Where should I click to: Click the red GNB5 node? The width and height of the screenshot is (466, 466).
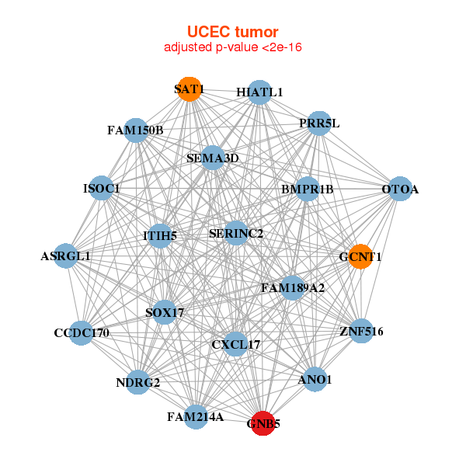(x=263, y=423)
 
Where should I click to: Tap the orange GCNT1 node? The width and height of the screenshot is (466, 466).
(x=360, y=256)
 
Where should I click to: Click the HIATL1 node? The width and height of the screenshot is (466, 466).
(x=259, y=92)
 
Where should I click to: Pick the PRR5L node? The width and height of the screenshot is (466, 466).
(x=319, y=123)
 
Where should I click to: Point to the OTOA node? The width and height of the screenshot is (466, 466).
(x=400, y=190)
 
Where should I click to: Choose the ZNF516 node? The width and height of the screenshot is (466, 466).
(x=361, y=332)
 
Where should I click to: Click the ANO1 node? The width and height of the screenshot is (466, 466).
(x=315, y=380)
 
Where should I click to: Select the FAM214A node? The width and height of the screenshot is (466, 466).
(x=196, y=417)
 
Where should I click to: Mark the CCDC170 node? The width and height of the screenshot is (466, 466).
(x=82, y=333)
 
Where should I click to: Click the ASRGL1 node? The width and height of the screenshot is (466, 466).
(x=65, y=256)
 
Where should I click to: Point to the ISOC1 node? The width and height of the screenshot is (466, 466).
(x=102, y=188)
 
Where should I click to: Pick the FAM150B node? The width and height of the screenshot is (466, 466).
(x=135, y=130)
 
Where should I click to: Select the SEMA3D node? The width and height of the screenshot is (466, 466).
(x=213, y=158)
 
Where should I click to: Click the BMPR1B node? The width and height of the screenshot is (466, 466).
(x=308, y=189)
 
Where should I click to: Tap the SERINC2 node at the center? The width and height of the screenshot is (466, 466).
(x=236, y=233)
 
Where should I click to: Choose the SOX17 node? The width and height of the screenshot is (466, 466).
(x=165, y=313)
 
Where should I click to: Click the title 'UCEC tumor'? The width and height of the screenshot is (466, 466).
(x=232, y=32)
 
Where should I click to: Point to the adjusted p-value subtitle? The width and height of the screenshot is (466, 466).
(x=232, y=47)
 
